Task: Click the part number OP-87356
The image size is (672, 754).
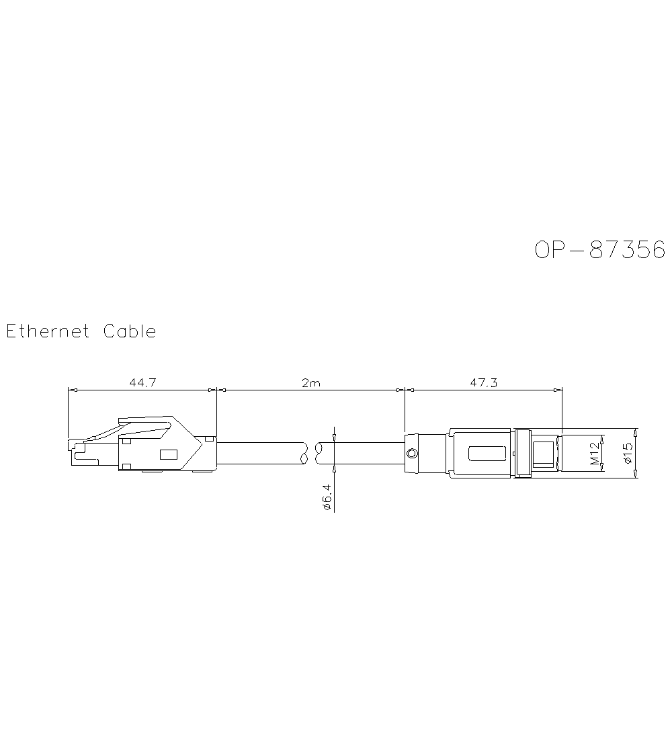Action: pyautogui.click(x=600, y=249)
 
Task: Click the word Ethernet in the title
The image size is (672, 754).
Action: pyautogui.click(x=48, y=331)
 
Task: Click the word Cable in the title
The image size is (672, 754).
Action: pyautogui.click(x=130, y=331)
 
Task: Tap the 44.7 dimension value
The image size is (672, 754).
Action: pyautogui.click(x=142, y=383)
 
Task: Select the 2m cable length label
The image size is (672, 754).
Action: pyautogui.click(x=311, y=383)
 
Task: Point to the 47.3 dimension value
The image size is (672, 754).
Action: pyautogui.click(x=484, y=383)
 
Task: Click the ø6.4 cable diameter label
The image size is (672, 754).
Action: pyautogui.click(x=327, y=497)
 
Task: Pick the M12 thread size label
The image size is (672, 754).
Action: pyautogui.click(x=595, y=453)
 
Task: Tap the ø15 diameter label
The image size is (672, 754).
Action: pyautogui.click(x=627, y=453)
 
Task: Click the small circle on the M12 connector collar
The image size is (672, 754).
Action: pyautogui.click(x=412, y=453)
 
